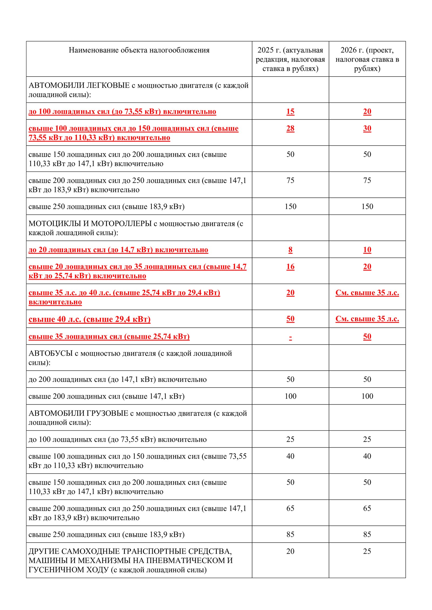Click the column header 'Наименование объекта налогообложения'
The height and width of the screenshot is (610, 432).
pos(139,50)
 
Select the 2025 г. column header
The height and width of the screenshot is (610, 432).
pos(290,59)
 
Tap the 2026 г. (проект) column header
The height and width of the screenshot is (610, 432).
pos(367,59)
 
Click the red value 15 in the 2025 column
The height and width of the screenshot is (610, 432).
pos(290,111)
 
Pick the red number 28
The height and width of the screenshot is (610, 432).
pos(290,128)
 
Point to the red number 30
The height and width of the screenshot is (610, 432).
pos(367,128)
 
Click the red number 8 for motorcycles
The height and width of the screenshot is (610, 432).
pos(290,250)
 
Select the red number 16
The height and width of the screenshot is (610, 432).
pos(290,267)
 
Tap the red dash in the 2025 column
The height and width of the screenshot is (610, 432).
pos(290,337)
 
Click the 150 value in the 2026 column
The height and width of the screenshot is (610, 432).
pos(367,207)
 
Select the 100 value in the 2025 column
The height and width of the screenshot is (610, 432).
pos(290,396)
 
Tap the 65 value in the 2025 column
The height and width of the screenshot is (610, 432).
pos(290,508)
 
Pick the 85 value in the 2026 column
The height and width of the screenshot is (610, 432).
pos(367,534)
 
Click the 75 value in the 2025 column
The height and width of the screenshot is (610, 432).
pos(290,180)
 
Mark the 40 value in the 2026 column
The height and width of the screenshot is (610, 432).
pos(367,456)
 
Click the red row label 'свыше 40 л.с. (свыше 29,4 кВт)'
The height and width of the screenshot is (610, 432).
pos(89,319)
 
